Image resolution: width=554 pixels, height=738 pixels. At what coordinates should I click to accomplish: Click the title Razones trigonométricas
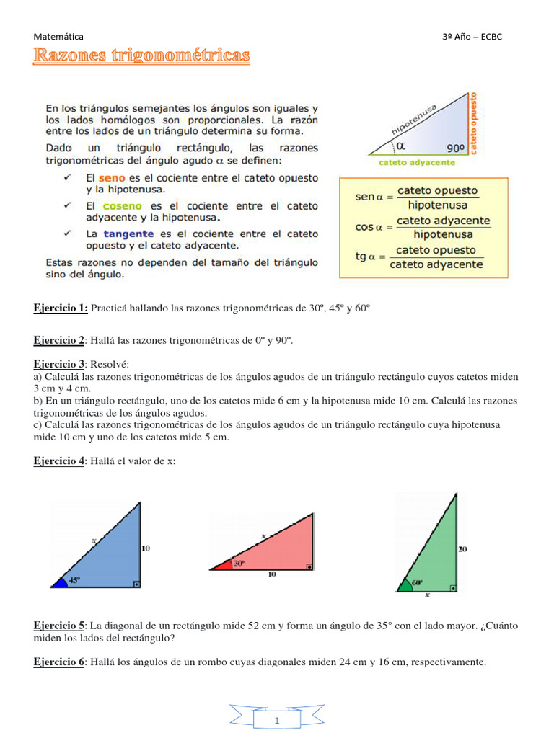point(141,55)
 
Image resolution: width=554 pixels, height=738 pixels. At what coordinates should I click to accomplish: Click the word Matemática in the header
point(58,36)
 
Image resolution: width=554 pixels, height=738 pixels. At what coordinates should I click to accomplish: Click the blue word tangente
point(128,234)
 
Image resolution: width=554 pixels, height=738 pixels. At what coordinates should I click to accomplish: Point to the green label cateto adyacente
point(417,162)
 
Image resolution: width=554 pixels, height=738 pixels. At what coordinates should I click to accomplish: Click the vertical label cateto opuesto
point(474,123)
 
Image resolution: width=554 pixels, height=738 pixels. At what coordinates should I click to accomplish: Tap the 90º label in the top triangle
point(455,148)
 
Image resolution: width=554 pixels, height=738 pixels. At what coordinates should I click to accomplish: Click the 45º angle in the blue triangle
point(74,579)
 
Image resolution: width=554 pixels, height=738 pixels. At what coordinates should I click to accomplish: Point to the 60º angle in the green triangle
point(416,581)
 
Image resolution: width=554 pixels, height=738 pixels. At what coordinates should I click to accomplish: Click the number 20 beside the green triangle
point(462,548)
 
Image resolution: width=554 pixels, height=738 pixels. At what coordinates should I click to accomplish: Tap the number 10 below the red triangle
point(273,574)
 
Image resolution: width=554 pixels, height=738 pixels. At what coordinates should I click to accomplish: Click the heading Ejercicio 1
point(61,308)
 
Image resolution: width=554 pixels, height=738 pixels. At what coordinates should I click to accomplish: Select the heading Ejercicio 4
point(59,461)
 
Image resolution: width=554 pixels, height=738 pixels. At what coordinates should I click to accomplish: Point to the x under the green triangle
point(426,595)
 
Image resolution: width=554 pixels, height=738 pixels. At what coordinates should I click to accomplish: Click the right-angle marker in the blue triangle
point(136,584)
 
